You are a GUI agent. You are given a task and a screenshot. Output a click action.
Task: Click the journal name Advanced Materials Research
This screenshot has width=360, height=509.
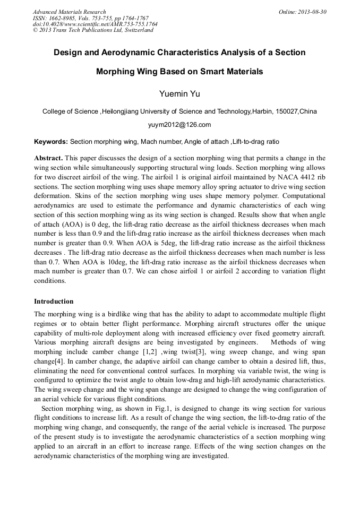click(x=69, y=12)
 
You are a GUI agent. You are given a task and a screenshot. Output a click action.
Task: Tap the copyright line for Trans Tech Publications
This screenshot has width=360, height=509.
click(x=93, y=30)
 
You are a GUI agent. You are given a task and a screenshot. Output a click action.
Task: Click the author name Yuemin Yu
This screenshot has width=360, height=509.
click(x=179, y=94)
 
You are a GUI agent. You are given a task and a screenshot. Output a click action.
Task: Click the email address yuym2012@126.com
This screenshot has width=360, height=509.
click(x=179, y=125)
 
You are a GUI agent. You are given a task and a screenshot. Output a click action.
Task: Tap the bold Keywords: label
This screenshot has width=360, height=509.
click(x=51, y=142)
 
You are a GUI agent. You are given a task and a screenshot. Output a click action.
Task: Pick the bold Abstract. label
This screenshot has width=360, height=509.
click(x=49, y=158)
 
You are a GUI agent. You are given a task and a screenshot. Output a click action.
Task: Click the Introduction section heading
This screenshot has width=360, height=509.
click(x=54, y=301)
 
